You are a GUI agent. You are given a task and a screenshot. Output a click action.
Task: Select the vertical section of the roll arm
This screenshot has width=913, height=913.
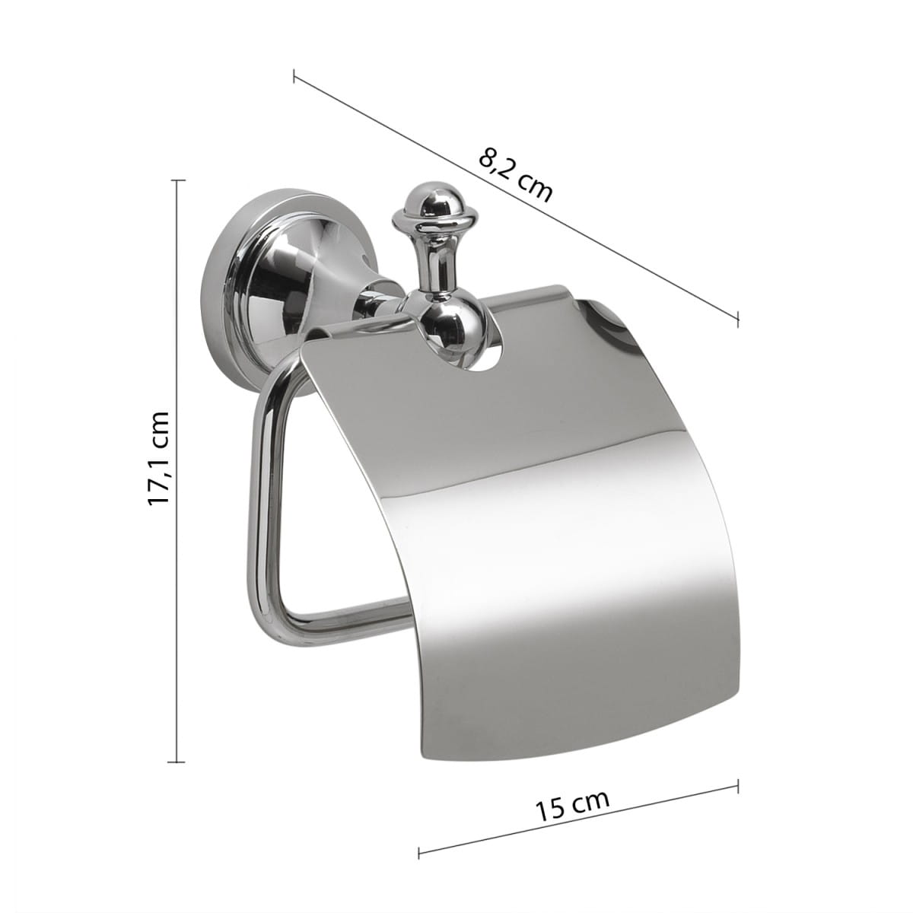258,498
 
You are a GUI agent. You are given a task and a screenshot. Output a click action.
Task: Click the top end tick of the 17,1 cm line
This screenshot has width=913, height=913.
177,180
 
